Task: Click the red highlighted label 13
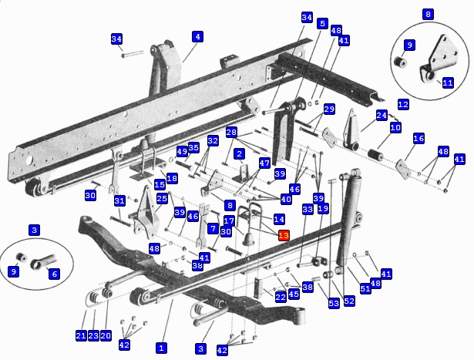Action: (x=284, y=235)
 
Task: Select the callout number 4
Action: (x=197, y=36)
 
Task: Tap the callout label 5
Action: (x=322, y=23)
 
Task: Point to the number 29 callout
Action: (x=329, y=109)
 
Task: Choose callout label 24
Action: (x=382, y=116)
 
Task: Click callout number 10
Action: (x=395, y=127)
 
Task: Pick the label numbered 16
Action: (x=419, y=139)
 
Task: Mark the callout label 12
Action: (x=403, y=103)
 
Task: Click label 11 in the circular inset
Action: (x=448, y=82)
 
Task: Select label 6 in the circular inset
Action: (x=54, y=274)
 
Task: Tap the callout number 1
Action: (x=161, y=348)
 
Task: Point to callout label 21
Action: (x=81, y=335)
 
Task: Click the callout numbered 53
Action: (x=334, y=303)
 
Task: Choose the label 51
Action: (x=365, y=289)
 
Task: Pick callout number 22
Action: (x=281, y=297)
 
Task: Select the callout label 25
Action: (x=162, y=199)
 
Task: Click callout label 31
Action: (x=119, y=201)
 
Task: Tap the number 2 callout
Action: (x=240, y=154)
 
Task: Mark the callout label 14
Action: (x=278, y=220)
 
